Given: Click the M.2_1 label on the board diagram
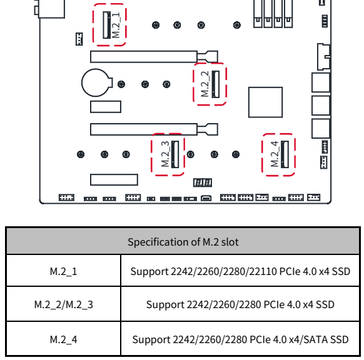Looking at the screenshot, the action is [116, 25].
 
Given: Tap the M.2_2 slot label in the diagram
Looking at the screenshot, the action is [205, 84].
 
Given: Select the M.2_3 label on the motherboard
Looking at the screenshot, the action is [165, 154].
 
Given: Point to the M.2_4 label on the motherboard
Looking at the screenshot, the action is [275, 154].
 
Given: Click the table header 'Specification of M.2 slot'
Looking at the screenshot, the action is [183, 242].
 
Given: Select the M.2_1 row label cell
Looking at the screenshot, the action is [63, 271].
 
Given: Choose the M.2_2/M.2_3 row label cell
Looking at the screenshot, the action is [63, 304].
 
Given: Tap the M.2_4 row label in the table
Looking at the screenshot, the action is [63, 339].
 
